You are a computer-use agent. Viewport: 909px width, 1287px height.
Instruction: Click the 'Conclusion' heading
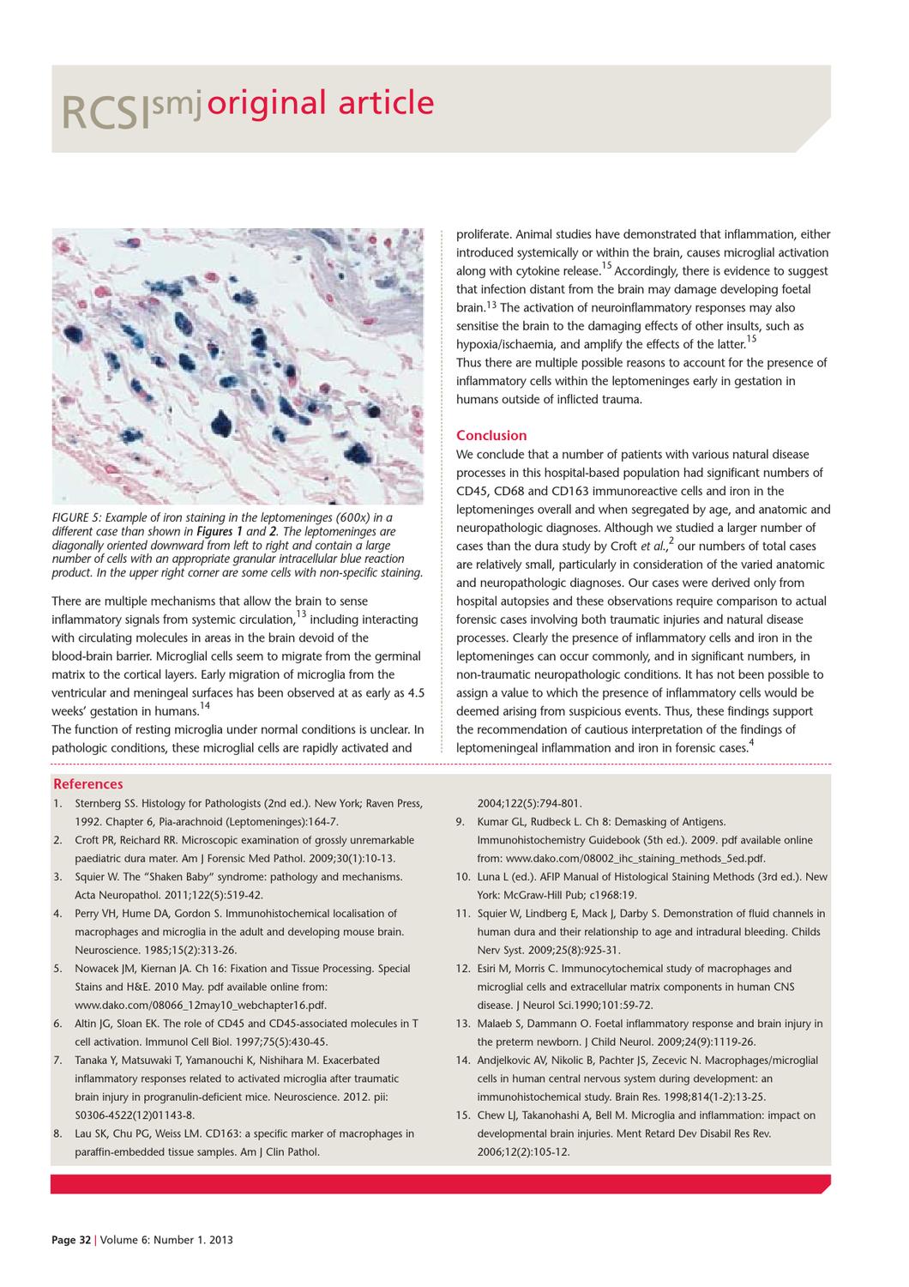[491, 436]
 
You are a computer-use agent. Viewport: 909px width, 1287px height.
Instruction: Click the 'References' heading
[87, 784]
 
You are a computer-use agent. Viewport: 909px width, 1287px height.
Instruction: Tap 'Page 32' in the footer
[70, 1240]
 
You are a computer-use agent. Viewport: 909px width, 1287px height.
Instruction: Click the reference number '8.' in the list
[57, 1133]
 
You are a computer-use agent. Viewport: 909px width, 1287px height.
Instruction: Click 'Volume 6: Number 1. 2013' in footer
[166, 1240]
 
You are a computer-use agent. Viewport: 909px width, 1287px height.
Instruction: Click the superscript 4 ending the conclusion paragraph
[752, 743]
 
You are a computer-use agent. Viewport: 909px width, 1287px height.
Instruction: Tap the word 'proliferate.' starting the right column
[484, 234]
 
